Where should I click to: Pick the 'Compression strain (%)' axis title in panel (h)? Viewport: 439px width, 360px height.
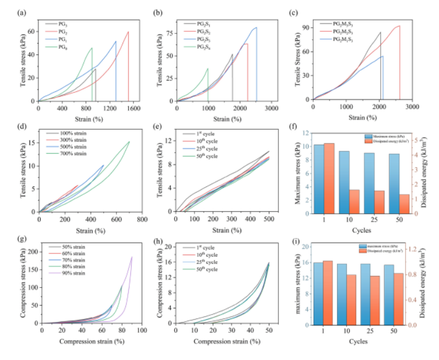pyautogui.click(x=226, y=342)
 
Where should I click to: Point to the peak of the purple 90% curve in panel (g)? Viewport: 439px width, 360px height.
pyautogui.click(x=132, y=257)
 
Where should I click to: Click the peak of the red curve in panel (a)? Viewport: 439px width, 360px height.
pyautogui.click(x=128, y=32)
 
